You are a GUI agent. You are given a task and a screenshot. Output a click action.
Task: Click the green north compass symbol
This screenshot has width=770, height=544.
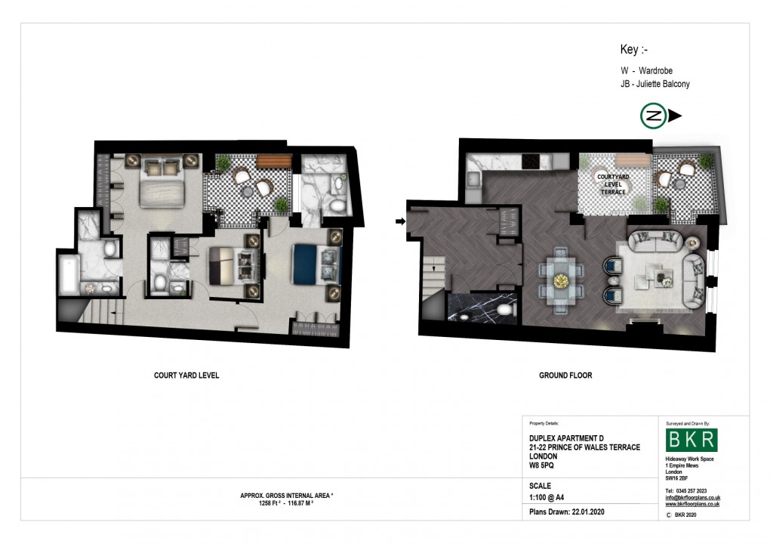pyautogui.click(x=653, y=116)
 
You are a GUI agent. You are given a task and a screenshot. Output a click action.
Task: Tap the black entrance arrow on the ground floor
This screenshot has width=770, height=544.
pyautogui.click(x=399, y=221)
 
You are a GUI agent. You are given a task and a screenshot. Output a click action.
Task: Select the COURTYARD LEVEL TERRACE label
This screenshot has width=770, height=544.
pyautogui.click(x=612, y=184)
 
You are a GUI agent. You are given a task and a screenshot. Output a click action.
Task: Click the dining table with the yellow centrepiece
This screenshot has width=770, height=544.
pyautogui.click(x=559, y=280)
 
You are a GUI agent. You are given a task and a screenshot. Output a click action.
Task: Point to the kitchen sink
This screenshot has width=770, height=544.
pyautogui.click(x=473, y=179)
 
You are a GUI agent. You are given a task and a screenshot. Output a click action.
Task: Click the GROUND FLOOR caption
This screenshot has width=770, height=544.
pyautogui.click(x=565, y=375)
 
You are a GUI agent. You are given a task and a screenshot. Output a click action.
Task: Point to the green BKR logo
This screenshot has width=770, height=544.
pyautogui.click(x=691, y=440)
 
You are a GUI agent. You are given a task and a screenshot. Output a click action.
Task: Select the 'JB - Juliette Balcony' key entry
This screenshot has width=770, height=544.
pyautogui.click(x=654, y=84)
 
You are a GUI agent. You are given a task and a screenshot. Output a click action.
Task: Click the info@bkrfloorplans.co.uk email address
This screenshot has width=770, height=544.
pyautogui.click(x=692, y=497)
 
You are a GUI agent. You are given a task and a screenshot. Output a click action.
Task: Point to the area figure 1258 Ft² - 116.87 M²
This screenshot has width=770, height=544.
pyautogui.click(x=276, y=502)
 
